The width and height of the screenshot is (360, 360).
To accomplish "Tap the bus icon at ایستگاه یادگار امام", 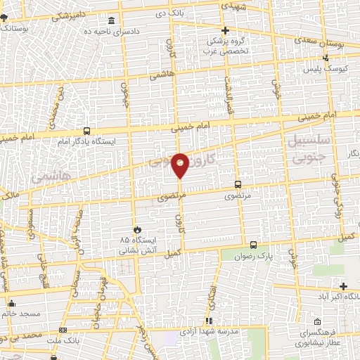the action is point(86,130).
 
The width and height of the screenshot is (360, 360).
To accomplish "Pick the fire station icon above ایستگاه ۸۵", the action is point(139,229).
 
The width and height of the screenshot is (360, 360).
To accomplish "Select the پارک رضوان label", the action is point(274,258).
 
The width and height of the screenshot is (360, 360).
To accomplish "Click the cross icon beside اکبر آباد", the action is point(343,285).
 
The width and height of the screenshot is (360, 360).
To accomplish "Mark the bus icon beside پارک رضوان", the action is point(252,246).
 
